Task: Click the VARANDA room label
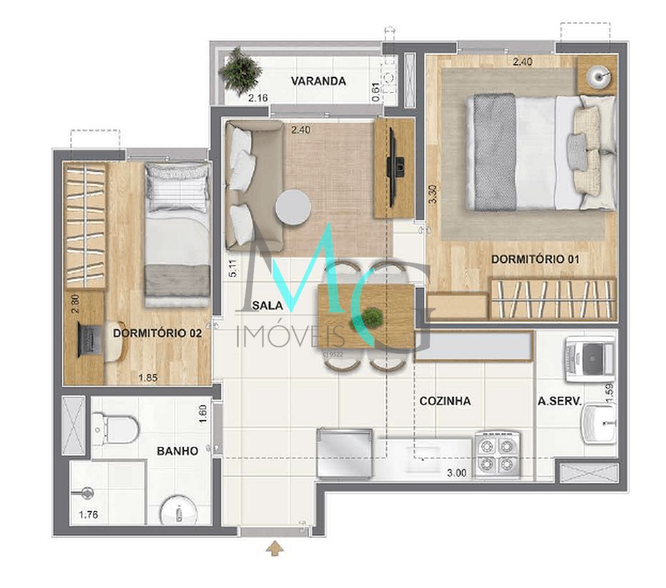(318, 81)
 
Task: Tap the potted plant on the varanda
(241, 70)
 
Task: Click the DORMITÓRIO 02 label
(157, 333)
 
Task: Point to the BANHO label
(177, 450)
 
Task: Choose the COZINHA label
(445, 401)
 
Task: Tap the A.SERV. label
(559, 401)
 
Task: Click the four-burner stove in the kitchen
(497, 454)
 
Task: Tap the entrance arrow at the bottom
(275, 549)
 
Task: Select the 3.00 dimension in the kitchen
(457, 474)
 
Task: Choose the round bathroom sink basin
(178, 510)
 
